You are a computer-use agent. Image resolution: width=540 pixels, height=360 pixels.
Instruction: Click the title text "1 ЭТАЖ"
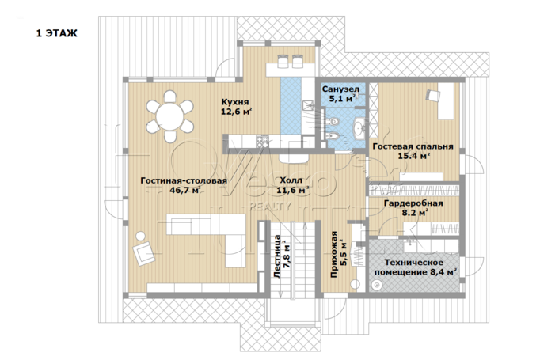57,33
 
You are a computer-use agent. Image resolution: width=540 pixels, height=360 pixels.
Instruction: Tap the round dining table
169,116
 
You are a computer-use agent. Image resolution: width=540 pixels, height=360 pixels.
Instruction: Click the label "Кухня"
235,102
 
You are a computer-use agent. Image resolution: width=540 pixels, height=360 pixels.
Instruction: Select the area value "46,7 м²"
185,190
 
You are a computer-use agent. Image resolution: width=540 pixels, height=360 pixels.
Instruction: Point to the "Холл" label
291,180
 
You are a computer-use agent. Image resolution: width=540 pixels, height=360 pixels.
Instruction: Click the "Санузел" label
340,89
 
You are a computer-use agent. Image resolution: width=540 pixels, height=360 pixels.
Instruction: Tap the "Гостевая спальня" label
413,146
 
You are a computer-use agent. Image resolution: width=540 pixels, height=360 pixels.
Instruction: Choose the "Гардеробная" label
413,203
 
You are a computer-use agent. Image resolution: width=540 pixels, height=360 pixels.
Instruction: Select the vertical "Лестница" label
277,256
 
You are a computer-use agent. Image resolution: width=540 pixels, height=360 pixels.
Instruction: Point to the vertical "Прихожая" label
333,255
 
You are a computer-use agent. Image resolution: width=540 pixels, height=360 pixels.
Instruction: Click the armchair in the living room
144,253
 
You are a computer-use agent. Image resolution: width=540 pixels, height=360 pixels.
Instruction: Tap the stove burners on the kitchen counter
262,142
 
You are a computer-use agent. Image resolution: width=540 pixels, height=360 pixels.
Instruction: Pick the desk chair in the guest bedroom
432,95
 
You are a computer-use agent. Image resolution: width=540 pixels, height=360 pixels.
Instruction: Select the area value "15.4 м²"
414,156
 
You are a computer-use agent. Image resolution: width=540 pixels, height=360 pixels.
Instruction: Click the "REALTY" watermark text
270,207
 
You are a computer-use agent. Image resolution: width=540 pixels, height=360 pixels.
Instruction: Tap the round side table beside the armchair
140,236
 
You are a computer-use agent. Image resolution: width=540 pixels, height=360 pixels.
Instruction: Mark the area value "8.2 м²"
416,213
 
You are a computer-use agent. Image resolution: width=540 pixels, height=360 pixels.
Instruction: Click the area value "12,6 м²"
236,112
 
